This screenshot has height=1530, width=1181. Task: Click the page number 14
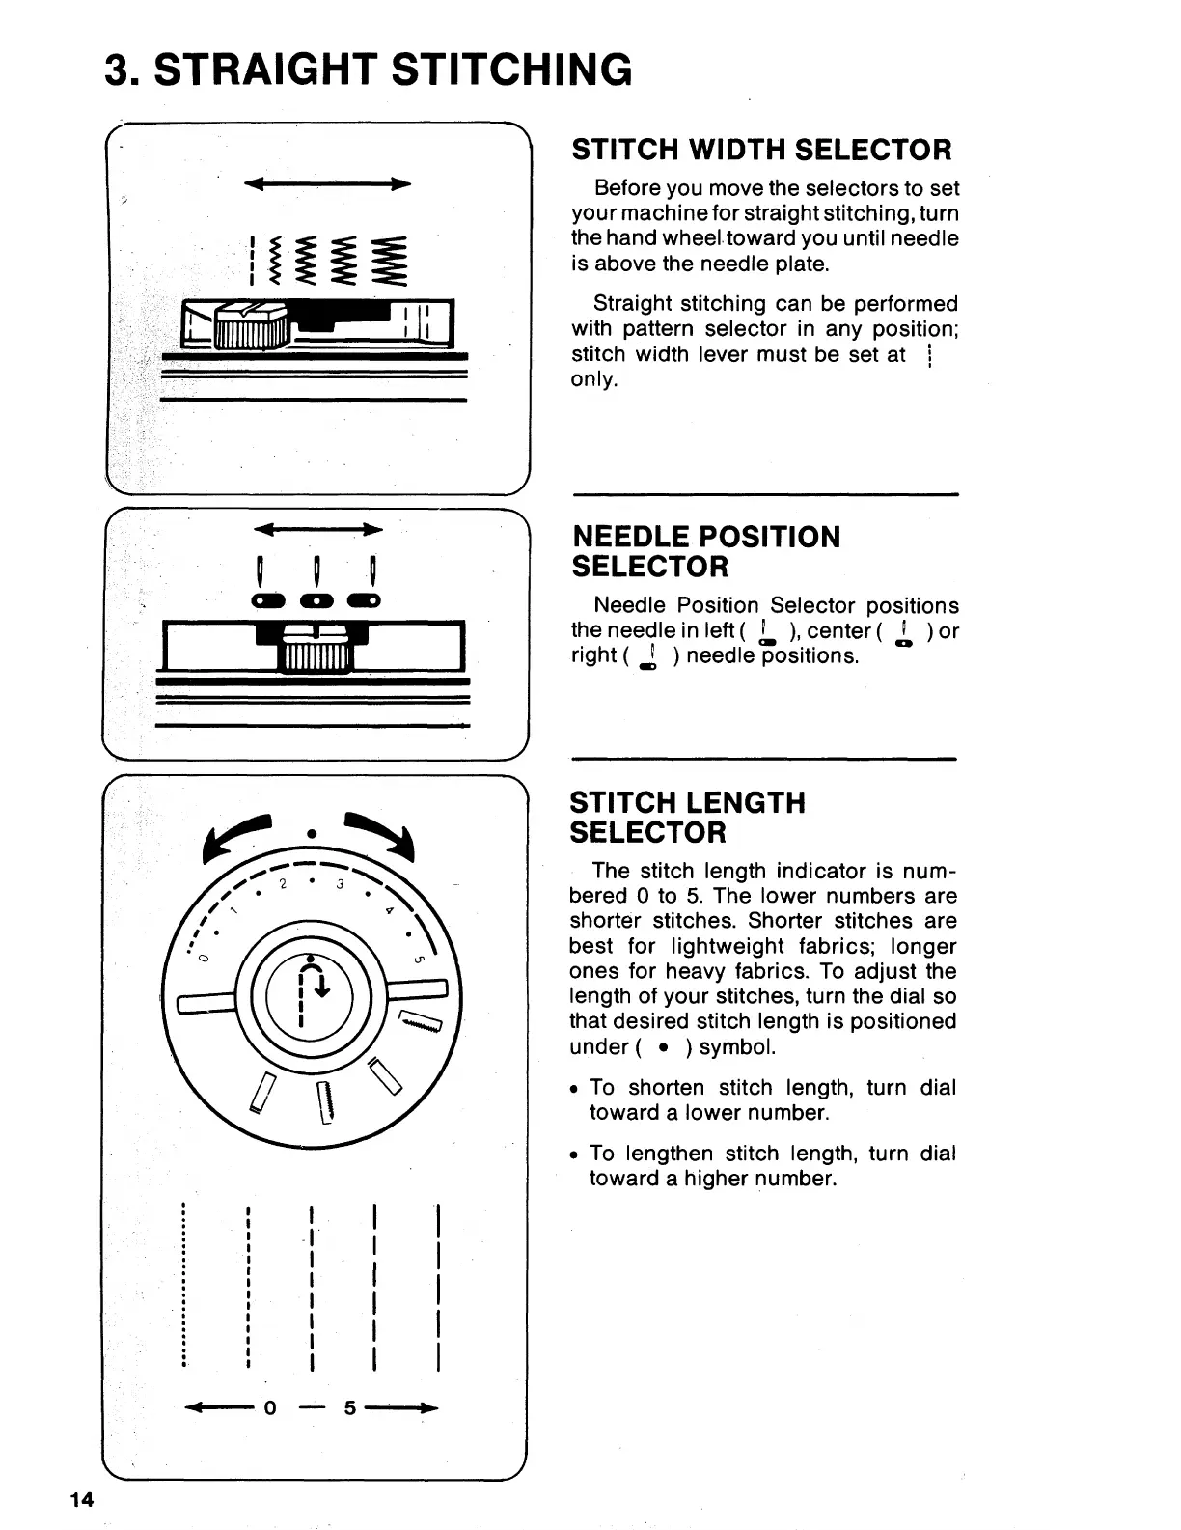click(81, 1499)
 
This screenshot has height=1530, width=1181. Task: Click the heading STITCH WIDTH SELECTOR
click(761, 150)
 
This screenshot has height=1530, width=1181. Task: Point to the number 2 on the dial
click(283, 884)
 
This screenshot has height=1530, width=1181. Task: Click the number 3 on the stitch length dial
click(342, 885)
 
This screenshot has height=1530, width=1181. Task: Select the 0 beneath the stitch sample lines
click(271, 1408)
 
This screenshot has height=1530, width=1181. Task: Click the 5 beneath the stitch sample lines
click(350, 1408)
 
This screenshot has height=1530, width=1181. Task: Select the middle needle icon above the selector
click(316, 584)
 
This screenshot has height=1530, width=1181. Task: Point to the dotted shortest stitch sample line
click(183, 1284)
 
